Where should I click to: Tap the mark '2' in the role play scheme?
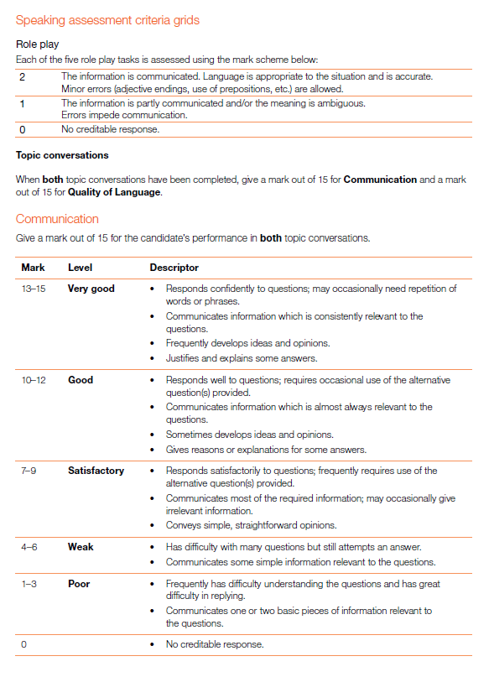pyautogui.click(x=23, y=76)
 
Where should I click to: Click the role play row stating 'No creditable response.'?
pyautogui.click(x=110, y=129)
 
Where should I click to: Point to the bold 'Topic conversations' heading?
pyautogui.click(x=62, y=155)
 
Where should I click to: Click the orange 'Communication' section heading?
pyautogui.click(x=57, y=219)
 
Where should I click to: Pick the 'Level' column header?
pyautogui.click(x=80, y=268)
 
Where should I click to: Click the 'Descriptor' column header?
pyautogui.click(x=174, y=268)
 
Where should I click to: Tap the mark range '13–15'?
pyautogui.click(x=34, y=289)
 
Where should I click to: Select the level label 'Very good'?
pyautogui.click(x=91, y=289)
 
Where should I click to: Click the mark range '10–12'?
pyautogui.click(x=34, y=380)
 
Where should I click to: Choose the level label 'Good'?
pyautogui.click(x=81, y=380)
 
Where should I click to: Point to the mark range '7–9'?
pyautogui.click(x=29, y=471)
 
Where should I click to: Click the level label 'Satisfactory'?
pyautogui.click(x=96, y=471)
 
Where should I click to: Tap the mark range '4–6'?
pyautogui.click(x=29, y=547)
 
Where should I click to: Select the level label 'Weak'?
pyautogui.click(x=81, y=547)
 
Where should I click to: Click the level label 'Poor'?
pyautogui.click(x=79, y=584)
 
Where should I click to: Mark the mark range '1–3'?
pyautogui.click(x=29, y=584)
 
